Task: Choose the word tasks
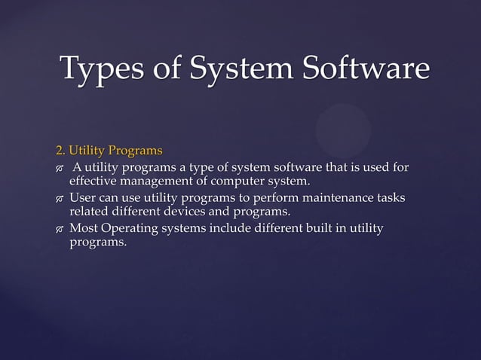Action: pos(388,197)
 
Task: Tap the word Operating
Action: pos(130,227)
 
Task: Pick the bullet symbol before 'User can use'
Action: pos(59,199)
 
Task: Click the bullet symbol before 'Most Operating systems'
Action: pos(59,229)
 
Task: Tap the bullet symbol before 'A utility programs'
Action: pos(59,168)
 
